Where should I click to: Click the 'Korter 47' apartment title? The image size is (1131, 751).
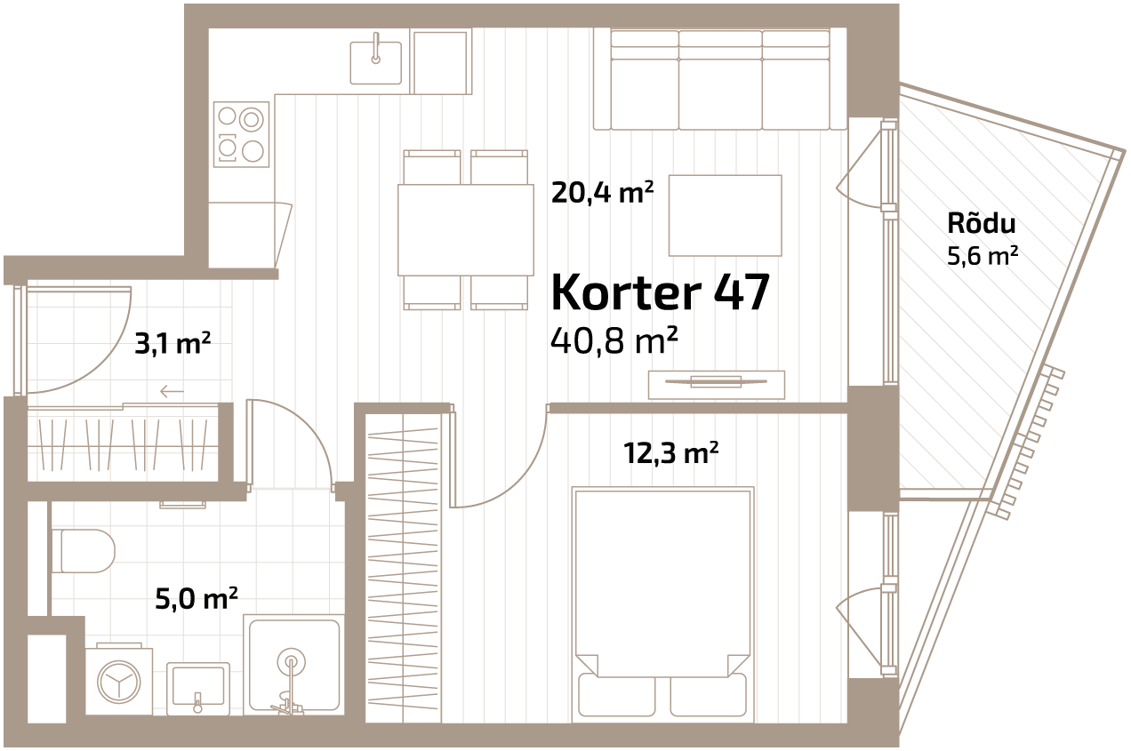click(x=661, y=292)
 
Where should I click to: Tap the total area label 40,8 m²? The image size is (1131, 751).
click(x=614, y=340)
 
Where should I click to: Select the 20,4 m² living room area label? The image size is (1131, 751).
click(x=602, y=192)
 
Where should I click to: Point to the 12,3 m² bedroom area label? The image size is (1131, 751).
click(x=671, y=452)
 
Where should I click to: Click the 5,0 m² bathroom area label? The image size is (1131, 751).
click(x=197, y=599)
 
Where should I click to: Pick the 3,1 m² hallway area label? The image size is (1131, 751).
click(x=172, y=344)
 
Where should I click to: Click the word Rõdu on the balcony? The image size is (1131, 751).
click(x=982, y=223)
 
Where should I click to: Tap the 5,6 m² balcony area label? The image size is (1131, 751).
click(x=983, y=256)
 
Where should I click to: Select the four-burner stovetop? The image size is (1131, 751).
click(x=241, y=133)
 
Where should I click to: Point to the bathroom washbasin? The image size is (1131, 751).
click(x=198, y=688)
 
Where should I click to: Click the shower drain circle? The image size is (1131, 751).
click(x=292, y=661)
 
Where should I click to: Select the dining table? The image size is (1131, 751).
click(x=466, y=230)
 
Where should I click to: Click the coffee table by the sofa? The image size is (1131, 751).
click(x=725, y=215)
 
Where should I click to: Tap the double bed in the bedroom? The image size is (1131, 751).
click(x=663, y=604)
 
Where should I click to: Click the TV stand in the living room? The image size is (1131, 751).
click(x=717, y=385)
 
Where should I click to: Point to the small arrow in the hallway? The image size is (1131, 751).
click(x=172, y=391)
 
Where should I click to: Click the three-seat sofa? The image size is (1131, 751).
click(x=720, y=79)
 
